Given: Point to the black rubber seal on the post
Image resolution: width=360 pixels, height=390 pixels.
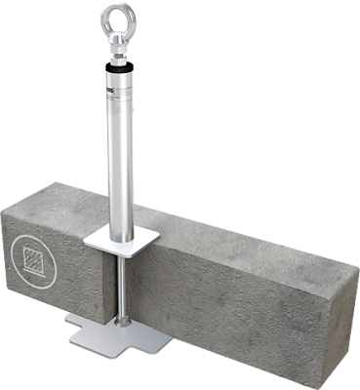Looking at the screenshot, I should [x=117, y=68].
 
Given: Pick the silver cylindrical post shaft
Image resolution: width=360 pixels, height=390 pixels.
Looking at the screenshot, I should [x=120, y=146].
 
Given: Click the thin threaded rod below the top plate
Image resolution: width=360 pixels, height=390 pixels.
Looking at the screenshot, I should [x=125, y=283].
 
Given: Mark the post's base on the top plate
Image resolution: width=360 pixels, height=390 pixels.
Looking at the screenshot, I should [x=120, y=230].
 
